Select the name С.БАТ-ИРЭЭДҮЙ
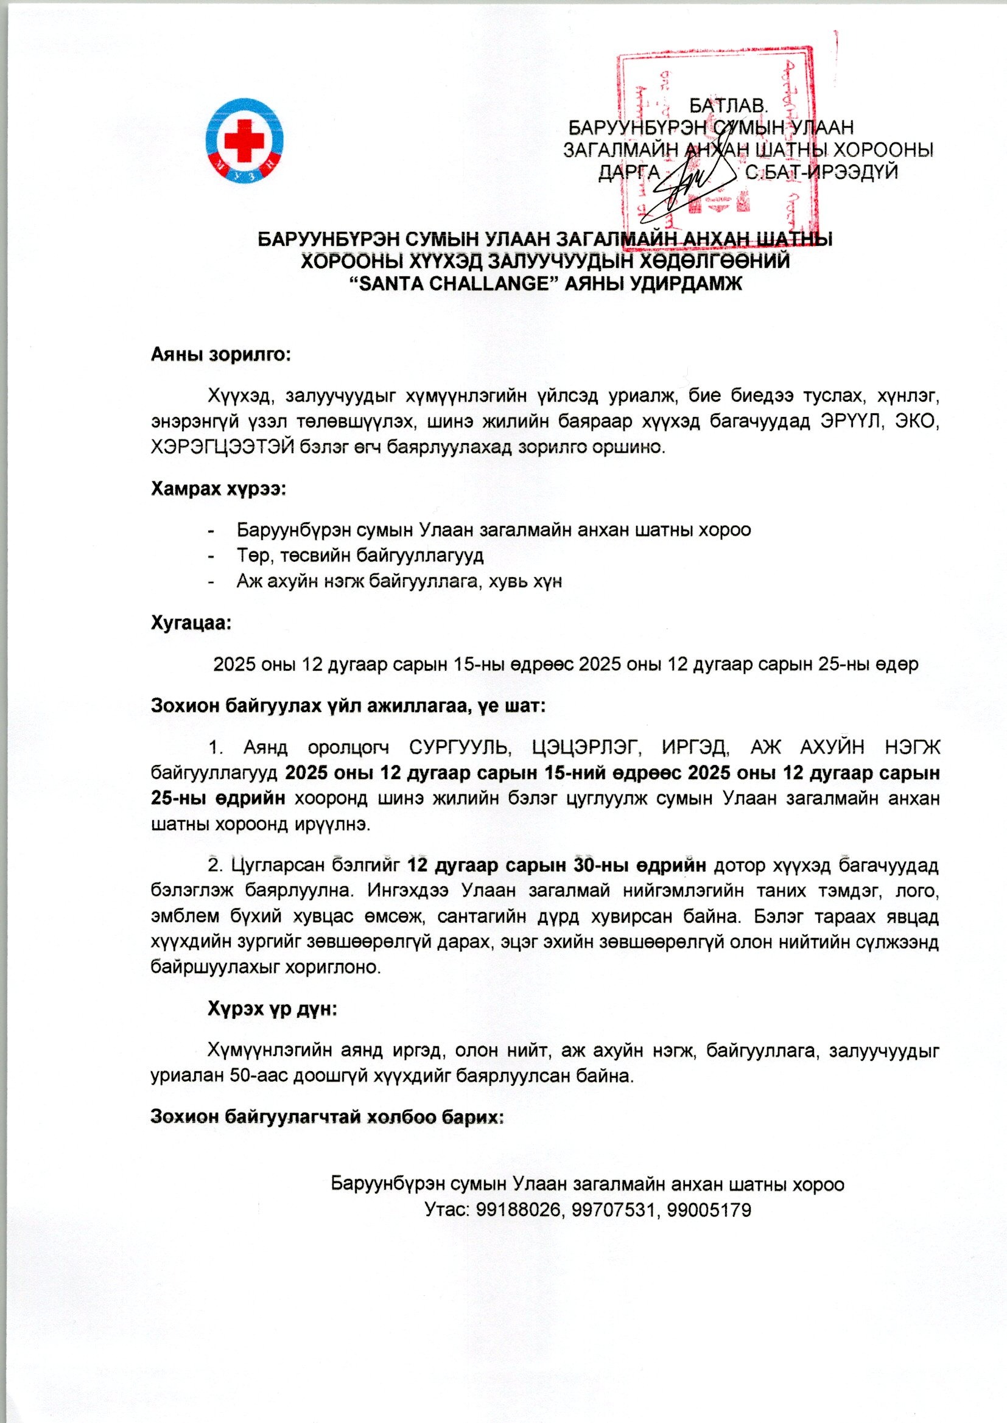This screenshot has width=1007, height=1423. pyautogui.click(x=821, y=172)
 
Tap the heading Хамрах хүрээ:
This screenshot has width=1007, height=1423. pyautogui.click(x=219, y=488)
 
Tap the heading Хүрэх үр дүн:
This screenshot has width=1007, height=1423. pyautogui.click(x=272, y=1009)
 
